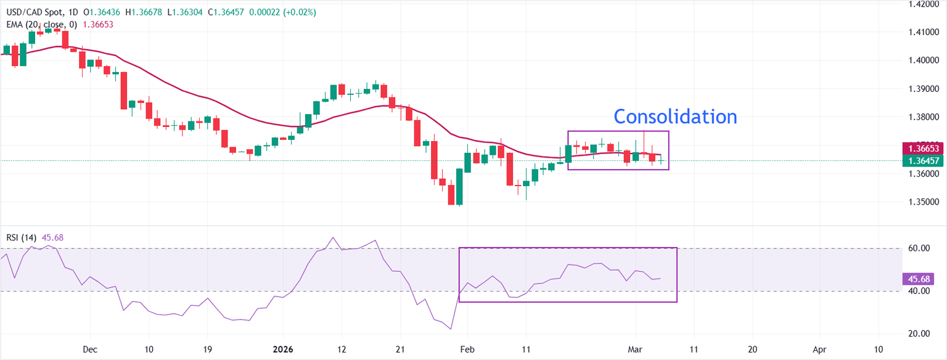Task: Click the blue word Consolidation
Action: pyautogui.click(x=675, y=117)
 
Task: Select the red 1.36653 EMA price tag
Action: pyautogui.click(x=923, y=149)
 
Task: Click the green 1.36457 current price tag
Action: pyautogui.click(x=923, y=161)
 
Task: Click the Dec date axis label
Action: pyautogui.click(x=90, y=349)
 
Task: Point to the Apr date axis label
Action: pyautogui.click(x=819, y=349)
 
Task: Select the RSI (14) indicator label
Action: pyautogui.click(x=22, y=237)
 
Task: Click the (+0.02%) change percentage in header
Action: pyautogui.click(x=300, y=12)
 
